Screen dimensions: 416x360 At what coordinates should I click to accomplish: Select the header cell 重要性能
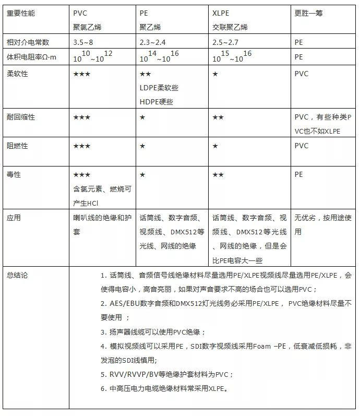coord(20,13)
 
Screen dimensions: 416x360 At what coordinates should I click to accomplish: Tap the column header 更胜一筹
coord(309,13)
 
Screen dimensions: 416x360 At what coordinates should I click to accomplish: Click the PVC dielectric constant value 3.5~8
coord(85,42)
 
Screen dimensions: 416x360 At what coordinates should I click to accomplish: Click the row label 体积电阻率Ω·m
coord(32,57)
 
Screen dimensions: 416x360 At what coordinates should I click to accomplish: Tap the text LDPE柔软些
coord(159,88)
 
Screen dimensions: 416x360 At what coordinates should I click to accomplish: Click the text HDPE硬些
coord(156,102)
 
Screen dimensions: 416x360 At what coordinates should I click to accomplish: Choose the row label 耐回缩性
coord(20,117)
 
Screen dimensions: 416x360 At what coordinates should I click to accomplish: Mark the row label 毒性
coord(14,175)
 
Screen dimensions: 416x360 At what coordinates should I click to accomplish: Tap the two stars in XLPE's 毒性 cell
coord(218,175)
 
